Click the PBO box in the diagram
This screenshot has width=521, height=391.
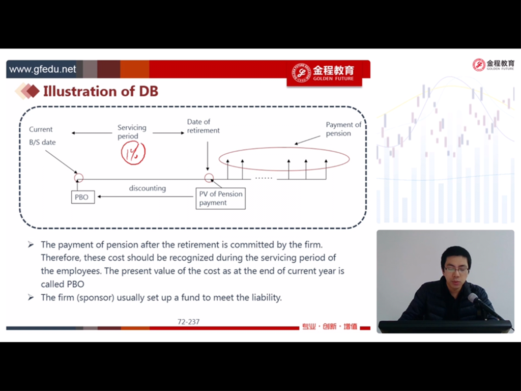click(83, 197)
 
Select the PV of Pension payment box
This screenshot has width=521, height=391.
click(221, 199)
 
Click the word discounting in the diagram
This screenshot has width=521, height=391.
click(148, 188)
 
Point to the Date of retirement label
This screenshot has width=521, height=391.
click(203, 126)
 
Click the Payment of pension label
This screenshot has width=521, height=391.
click(343, 129)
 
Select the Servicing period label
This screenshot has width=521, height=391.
click(132, 132)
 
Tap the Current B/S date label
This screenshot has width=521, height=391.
click(42, 135)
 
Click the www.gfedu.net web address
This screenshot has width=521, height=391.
click(43, 69)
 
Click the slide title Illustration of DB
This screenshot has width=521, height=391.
click(101, 91)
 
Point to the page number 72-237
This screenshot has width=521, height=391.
click(188, 322)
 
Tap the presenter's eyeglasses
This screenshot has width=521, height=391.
click(456, 269)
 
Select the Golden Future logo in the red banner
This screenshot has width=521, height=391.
click(324, 73)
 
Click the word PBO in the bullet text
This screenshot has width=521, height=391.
click(76, 284)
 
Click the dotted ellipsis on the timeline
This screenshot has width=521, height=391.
click(264, 178)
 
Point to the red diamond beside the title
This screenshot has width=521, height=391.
click(33, 92)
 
